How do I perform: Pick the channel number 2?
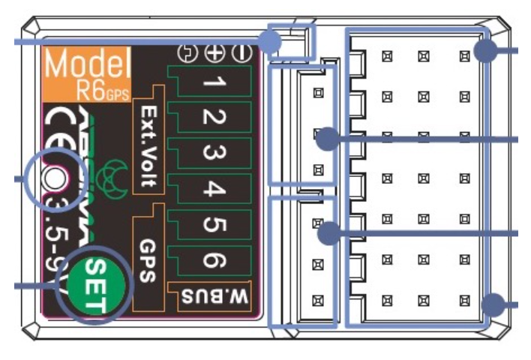(x=211, y=118)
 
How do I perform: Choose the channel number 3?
(x=211, y=154)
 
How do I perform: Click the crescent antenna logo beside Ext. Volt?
(x=115, y=176)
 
